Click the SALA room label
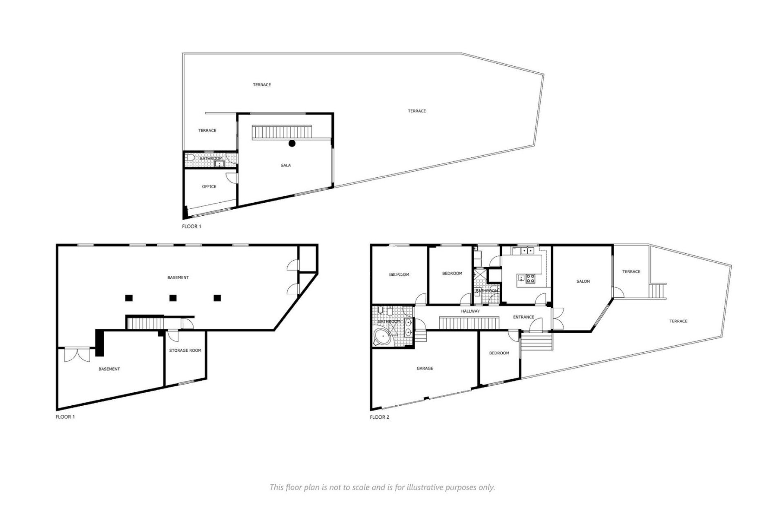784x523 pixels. [x=285, y=165]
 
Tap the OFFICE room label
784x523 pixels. [x=209, y=187]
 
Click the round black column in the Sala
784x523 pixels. [x=292, y=143]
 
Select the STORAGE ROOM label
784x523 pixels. [x=185, y=351]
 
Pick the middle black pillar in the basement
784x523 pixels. [x=173, y=298]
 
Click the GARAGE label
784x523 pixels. [x=425, y=369]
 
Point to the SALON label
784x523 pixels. [x=583, y=282]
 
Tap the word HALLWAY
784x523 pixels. [x=470, y=311]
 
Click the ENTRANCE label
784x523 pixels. [x=523, y=317]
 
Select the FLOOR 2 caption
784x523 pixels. [x=379, y=417]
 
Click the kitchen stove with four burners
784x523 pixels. [x=530, y=279]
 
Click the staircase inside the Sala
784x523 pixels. [x=282, y=132]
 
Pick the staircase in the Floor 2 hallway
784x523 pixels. [x=469, y=322]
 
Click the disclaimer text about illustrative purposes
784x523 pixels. [x=382, y=487]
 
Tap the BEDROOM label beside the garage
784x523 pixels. [x=499, y=353]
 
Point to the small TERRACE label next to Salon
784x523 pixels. [x=631, y=272]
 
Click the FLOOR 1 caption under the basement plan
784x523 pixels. [x=65, y=417]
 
